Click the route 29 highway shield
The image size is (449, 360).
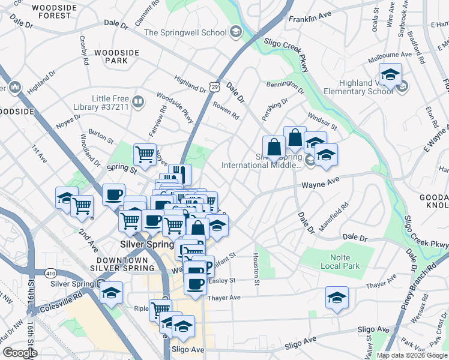click(214, 87)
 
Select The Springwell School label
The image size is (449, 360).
click(184, 32)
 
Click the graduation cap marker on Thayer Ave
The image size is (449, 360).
click(337, 297)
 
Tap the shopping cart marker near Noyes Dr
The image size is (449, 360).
click(145, 155)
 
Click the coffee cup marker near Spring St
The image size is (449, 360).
click(113, 194)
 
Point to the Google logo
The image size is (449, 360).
click(19, 353)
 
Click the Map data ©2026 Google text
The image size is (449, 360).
click(412, 355)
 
